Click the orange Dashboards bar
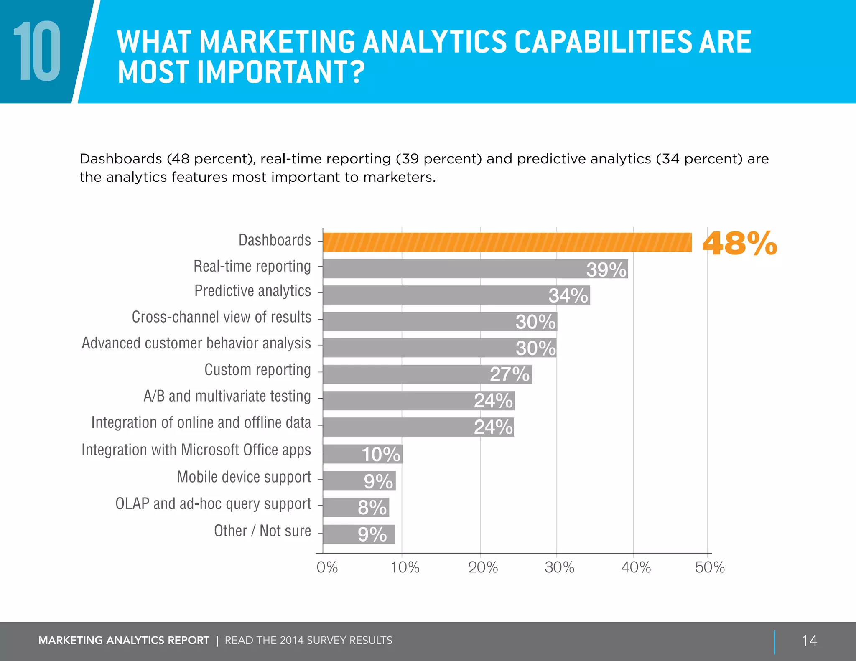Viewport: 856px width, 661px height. pyautogui.click(x=507, y=242)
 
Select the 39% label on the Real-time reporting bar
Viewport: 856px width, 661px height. pyautogui.click(x=606, y=269)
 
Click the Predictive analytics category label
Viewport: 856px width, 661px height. pyautogui.click(x=252, y=291)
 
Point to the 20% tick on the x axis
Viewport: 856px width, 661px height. pyautogui.click(x=483, y=567)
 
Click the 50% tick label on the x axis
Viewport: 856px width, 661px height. pyautogui.click(x=709, y=567)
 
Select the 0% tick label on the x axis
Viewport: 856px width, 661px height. pyautogui.click(x=327, y=567)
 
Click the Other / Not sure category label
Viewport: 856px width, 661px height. pyautogui.click(x=262, y=531)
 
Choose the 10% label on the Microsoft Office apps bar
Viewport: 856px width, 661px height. pyautogui.click(x=381, y=454)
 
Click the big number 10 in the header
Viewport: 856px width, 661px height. pyautogui.click(x=38, y=51)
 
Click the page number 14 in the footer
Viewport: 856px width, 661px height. pyautogui.click(x=809, y=641)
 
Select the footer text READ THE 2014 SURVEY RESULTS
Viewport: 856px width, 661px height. pyautogui.click(x=308, y=641)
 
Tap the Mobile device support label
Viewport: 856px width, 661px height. pyautogui.click(x=244, y=477)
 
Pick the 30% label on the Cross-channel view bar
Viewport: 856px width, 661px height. pyautogui.click(x=535, y=322)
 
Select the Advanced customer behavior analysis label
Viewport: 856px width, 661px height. pyautogui.click(x=196, y=343)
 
